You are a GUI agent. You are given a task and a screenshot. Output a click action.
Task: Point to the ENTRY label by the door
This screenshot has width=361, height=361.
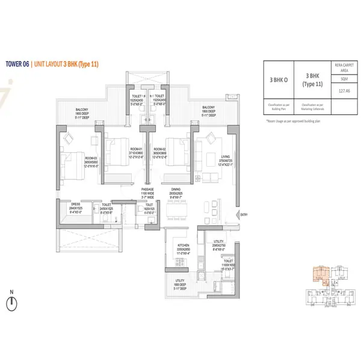(x=244, y=215)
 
